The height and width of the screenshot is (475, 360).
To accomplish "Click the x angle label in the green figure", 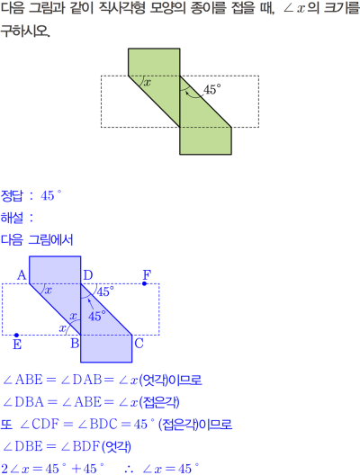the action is click(x=147, y=83).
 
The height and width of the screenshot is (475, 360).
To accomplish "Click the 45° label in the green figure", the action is click(x=211, y=90).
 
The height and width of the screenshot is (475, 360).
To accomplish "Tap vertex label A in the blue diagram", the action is click(x=22, y=275).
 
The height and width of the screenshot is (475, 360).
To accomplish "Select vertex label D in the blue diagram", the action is click(x=87, y=275).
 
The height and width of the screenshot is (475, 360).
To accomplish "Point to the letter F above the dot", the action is click(x=147, y=274).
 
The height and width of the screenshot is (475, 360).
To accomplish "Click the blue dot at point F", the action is click(x=145, y=283).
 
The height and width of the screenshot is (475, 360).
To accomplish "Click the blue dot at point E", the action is click(x=17, y=335).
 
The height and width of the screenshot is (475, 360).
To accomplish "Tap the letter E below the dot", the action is click(x=17, y=345).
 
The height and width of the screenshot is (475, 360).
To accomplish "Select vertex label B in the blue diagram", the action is click(x=75, y=344).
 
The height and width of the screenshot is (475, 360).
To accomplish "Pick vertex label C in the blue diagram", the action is click(x=139, y=344).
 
